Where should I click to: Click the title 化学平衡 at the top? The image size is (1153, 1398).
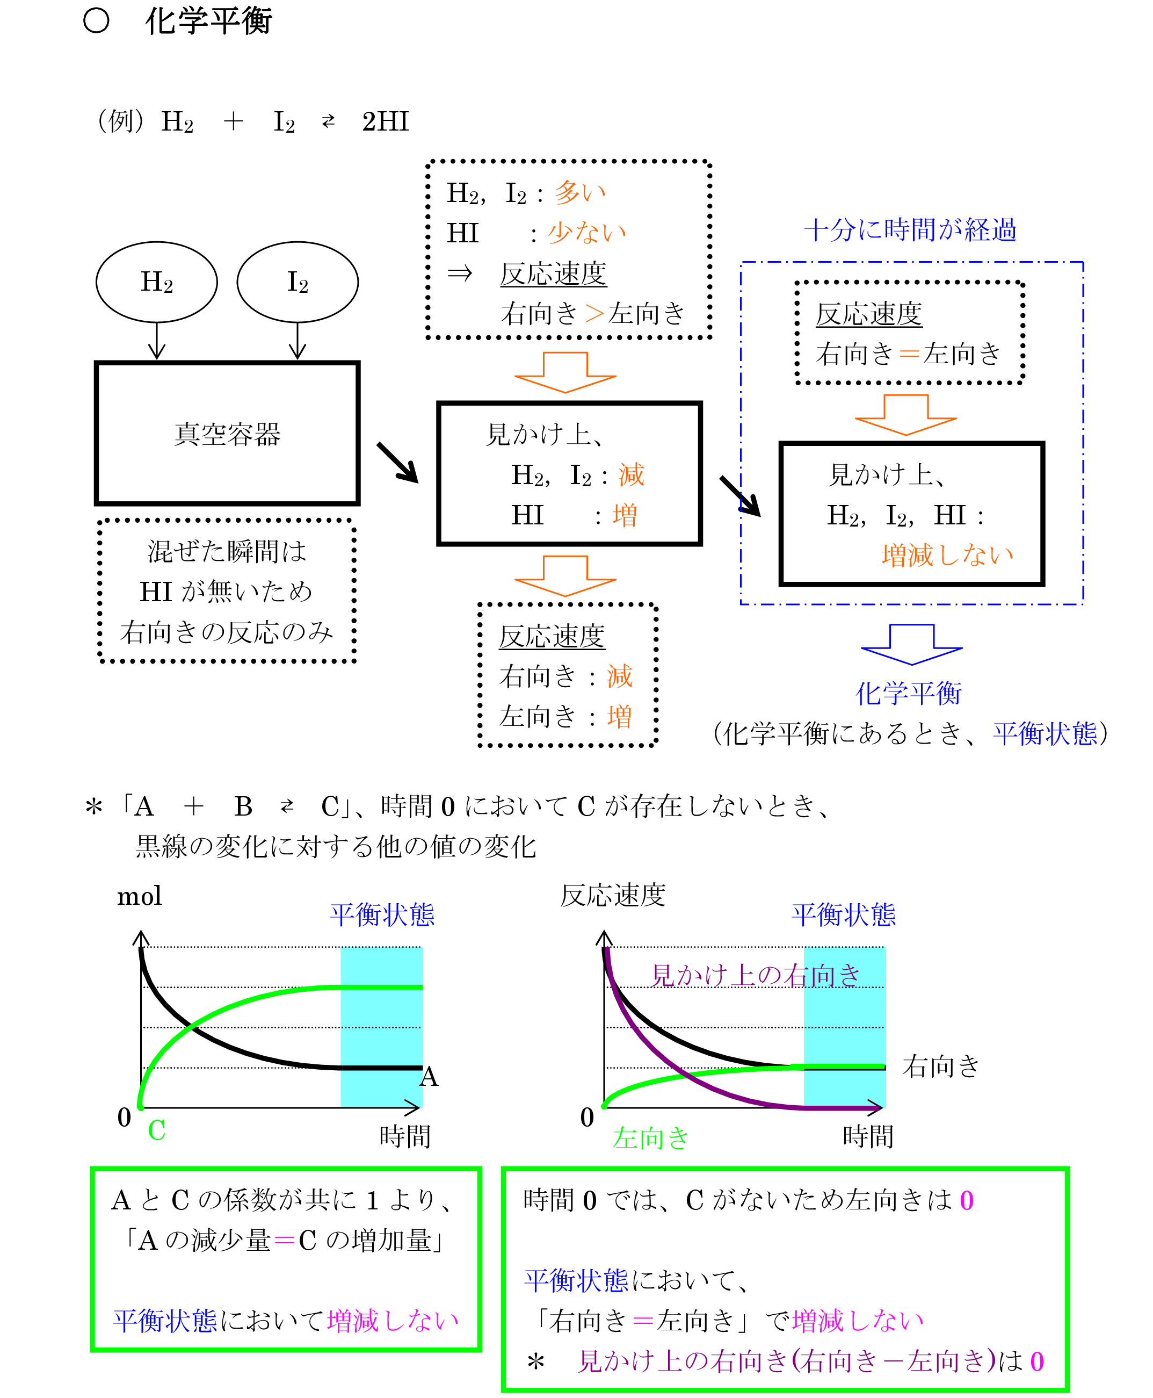(208, 21)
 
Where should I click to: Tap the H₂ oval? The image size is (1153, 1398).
(157, 282)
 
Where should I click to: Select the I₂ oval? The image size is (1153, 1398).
(298, 282)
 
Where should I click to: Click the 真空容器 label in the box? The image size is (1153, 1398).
(227, 435)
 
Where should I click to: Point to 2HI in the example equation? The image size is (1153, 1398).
(385, 121)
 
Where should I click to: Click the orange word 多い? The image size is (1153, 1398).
(580, 193)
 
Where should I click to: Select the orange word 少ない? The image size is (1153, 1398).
(587, 233)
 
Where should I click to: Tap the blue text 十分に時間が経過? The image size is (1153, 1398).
(910, 230)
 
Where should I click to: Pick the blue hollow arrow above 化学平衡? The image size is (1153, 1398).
(911, 643)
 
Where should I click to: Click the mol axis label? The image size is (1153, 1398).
(140, 896)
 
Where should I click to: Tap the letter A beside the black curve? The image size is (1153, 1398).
(429, 1076)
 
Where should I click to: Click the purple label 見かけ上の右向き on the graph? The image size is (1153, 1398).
(755, 975)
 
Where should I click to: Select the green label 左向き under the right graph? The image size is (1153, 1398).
(650, 1138)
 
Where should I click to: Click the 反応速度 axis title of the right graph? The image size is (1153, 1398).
(612, 896)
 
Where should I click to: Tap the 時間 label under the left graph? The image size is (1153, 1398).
(405, 1136)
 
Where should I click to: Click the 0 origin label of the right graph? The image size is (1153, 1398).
(587, 1118)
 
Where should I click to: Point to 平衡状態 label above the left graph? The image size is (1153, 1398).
(382, 915)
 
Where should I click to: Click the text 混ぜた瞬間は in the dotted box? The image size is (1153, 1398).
(227, 551)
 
